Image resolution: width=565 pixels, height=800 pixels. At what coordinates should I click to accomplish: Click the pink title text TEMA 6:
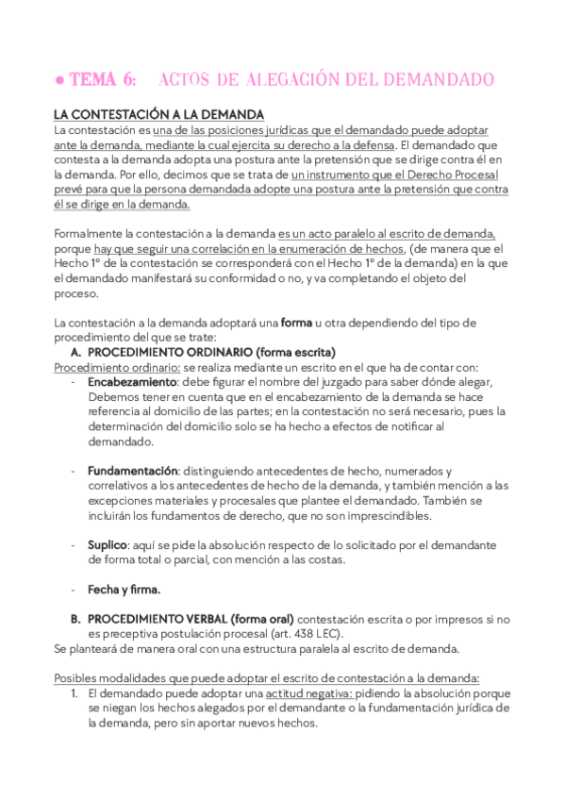(102, 78)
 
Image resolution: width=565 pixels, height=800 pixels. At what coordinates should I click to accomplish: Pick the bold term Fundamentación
(133, 471)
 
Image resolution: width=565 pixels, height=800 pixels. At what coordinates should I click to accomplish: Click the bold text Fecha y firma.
(124, 590)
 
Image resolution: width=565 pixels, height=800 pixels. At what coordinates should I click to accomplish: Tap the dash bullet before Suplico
(75, 545)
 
